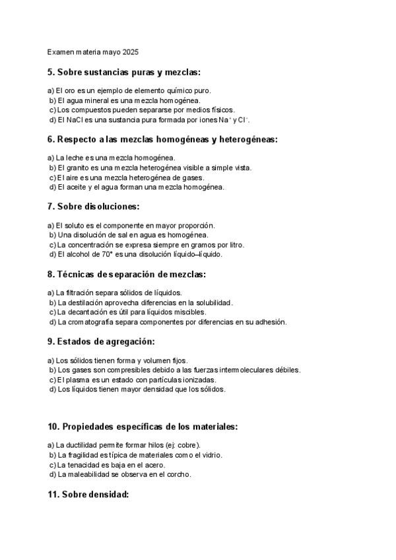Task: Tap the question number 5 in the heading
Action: point(50,72)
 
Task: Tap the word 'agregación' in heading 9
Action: point(125,341)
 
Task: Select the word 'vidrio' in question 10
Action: point(213,455)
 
